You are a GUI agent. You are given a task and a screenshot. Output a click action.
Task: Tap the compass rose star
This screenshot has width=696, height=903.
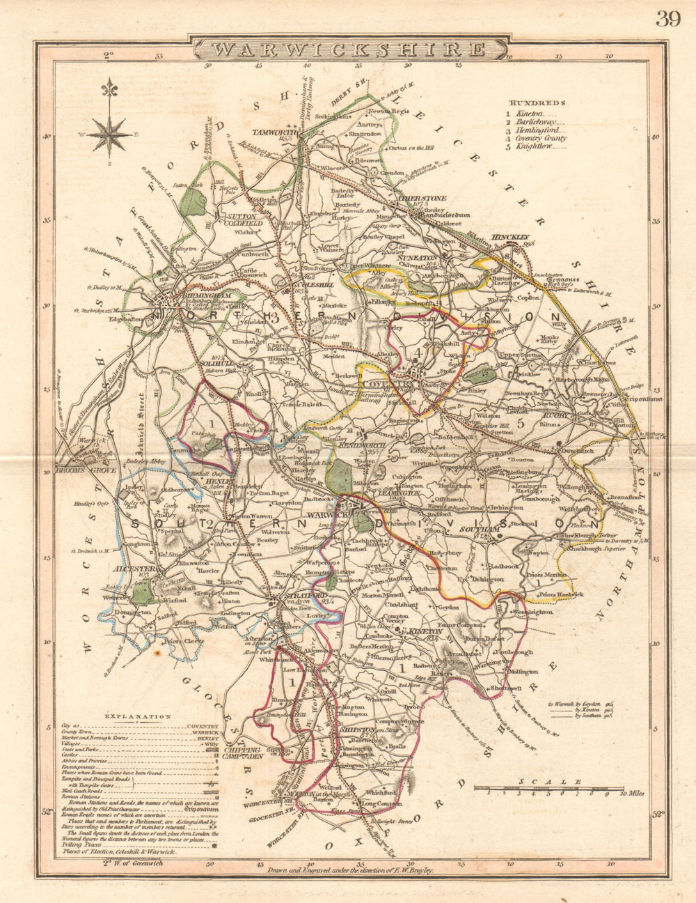coord(108,134)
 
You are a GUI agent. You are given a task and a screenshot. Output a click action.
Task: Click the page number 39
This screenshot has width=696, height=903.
coord(668,19)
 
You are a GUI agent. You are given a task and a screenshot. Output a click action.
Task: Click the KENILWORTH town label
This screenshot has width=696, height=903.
coord(379,444)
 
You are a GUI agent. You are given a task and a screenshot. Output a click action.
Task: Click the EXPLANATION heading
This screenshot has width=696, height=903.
coord(137,716)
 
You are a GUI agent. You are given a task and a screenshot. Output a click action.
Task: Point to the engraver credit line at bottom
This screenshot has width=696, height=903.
coord(350,870)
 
